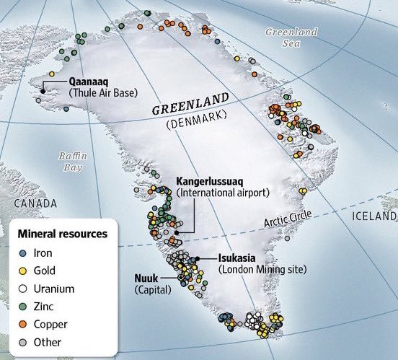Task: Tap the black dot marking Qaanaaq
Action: click(43, 90)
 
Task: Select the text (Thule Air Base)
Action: click(103, 92)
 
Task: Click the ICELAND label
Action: click(373, 216)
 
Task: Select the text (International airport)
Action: click(222, 193)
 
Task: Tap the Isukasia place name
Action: click(239, 258)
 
